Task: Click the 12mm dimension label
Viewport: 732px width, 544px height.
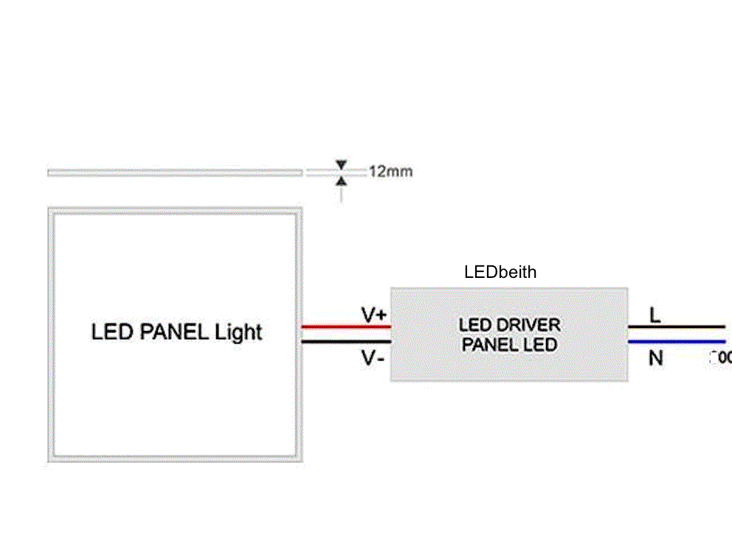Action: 390,172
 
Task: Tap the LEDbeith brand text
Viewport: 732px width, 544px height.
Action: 500,272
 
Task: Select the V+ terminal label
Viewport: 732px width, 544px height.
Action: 374,315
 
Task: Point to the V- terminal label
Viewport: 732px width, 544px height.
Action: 373,359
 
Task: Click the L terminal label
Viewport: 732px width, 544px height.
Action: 655,315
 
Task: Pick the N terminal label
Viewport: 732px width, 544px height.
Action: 655,358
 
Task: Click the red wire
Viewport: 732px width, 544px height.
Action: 345,327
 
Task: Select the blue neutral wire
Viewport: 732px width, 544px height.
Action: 675,341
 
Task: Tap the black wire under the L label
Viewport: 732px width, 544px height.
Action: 675,327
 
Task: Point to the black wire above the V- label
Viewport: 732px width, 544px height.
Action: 345,341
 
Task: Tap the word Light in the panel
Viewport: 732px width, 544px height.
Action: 238,332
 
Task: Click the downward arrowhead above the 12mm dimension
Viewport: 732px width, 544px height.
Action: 340,164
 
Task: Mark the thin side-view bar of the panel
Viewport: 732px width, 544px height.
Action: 175,172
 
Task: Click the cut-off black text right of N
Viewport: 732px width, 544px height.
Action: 720,358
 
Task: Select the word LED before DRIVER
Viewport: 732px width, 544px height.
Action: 474,325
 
